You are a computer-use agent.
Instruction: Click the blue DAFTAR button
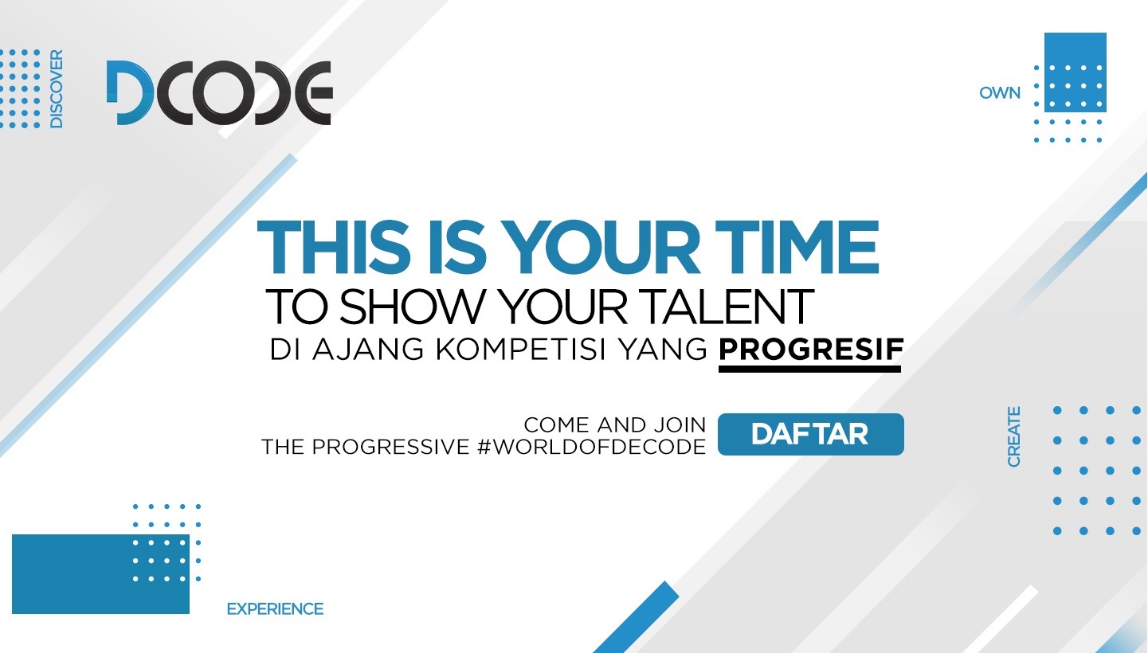coord(810,434)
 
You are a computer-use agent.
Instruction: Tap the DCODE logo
coord(220,92)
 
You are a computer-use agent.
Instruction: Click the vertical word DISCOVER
coord(57,88)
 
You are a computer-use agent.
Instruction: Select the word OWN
coord(999,93)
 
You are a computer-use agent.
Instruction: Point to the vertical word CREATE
coord(1013,437)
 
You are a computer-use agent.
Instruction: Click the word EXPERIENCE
coord(275,609)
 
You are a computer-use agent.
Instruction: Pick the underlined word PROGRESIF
coord(811,350)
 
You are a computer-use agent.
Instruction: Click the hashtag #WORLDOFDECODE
coord(591,447)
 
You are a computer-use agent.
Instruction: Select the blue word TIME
coord(797,248)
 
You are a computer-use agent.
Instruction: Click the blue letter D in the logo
coord(130,92)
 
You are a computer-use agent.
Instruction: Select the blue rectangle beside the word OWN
coord(1076,72)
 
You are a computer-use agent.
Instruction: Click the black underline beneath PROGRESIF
coord(809,369)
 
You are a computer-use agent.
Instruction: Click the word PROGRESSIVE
coord(390,447)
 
